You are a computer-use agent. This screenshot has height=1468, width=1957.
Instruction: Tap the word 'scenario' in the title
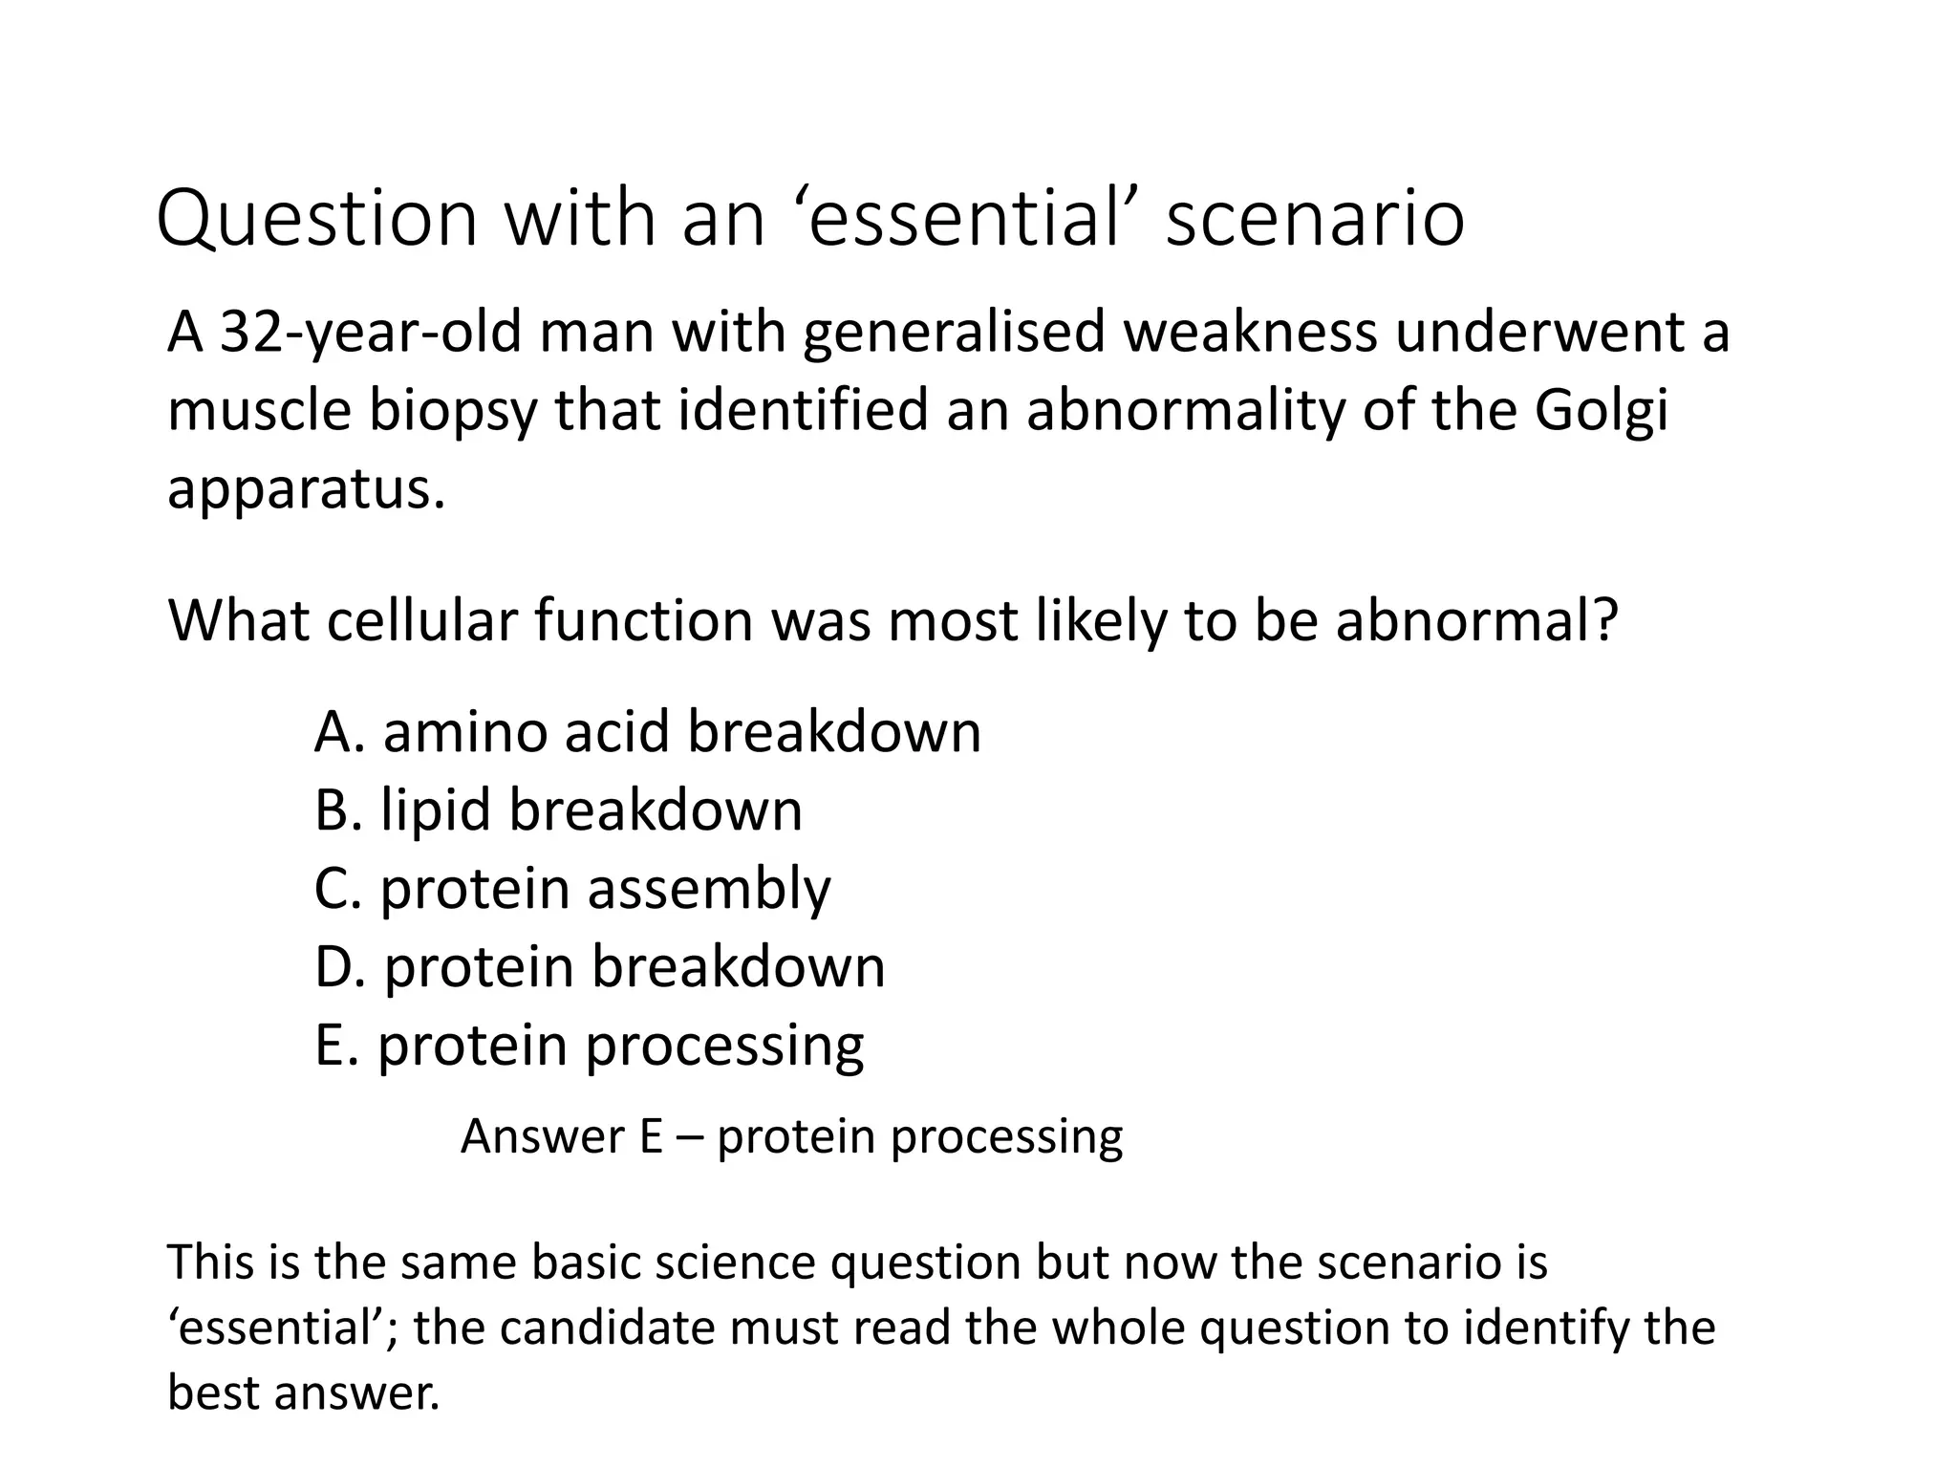pos(1315,220)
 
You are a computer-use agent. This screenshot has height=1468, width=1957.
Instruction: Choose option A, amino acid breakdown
pos(647,733)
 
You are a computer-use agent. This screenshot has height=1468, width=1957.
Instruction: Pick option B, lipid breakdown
pos(558,810)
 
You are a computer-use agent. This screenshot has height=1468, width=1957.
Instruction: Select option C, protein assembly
pos(572,889)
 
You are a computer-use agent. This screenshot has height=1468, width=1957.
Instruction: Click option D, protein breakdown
pos(599,966)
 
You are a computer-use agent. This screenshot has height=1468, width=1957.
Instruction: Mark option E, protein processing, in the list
pos(589,1045)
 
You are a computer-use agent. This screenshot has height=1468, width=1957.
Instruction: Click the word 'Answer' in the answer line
pos(542,1137)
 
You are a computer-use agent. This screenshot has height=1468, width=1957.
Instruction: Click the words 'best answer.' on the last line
pos(304,1392)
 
